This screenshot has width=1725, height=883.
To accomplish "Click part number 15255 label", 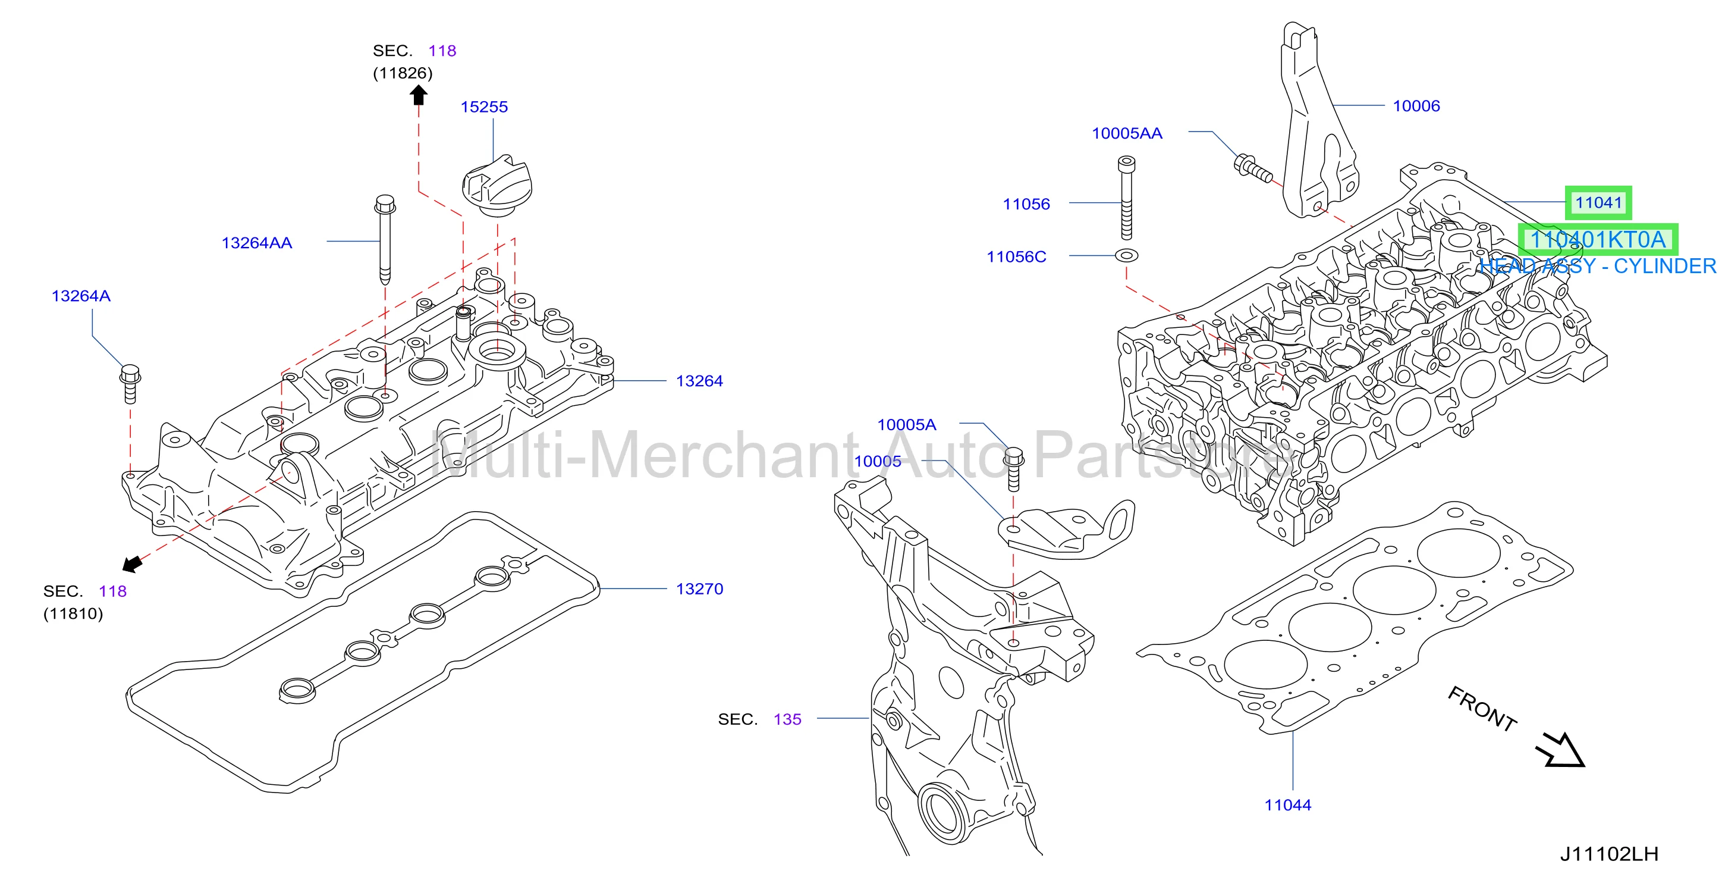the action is pyautogui.click(x=484, y=107).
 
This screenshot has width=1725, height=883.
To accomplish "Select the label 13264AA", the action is pyautogui.click(x=256, y=243).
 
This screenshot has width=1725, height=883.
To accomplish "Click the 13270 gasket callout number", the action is pyautogui.click(x=700, y=589).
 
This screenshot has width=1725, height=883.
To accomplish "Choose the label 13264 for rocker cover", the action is pyautogui.click(x=700, y=381).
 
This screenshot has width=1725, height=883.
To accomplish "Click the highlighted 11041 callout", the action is pyautogui.click(x=1598, y=202).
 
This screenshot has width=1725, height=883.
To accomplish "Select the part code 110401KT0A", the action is pyautogui.click(x=1598, y=239).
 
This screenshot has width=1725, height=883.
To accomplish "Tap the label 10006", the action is pyautogui.click(x=1416, y=106).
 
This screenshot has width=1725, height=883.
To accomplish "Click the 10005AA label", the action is pyautogui.click(x=1127, y=133).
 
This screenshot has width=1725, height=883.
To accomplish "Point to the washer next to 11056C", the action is pyautogui.click(x=1126, y=255).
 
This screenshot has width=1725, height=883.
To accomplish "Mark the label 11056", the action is pyautogui.click(x=1026, y=204).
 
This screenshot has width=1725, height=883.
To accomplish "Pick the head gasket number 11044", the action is pyautogui.click(x=1288, y=805).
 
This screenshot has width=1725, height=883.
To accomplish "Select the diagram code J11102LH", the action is pyautogui.click(x=1609, y=854).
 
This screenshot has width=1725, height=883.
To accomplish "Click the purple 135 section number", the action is pyautogui.click(x=787, y=719).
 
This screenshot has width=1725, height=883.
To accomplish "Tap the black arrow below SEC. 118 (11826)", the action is pyautogui.click(x=419, y=96).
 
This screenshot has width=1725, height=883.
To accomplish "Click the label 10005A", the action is pyautogui.click(x=907, y=425).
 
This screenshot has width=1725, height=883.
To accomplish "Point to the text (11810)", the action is pyautogui.click(x=73, y=613).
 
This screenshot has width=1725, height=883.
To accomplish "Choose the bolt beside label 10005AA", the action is pyautogui.click(x=1253, y=169).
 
